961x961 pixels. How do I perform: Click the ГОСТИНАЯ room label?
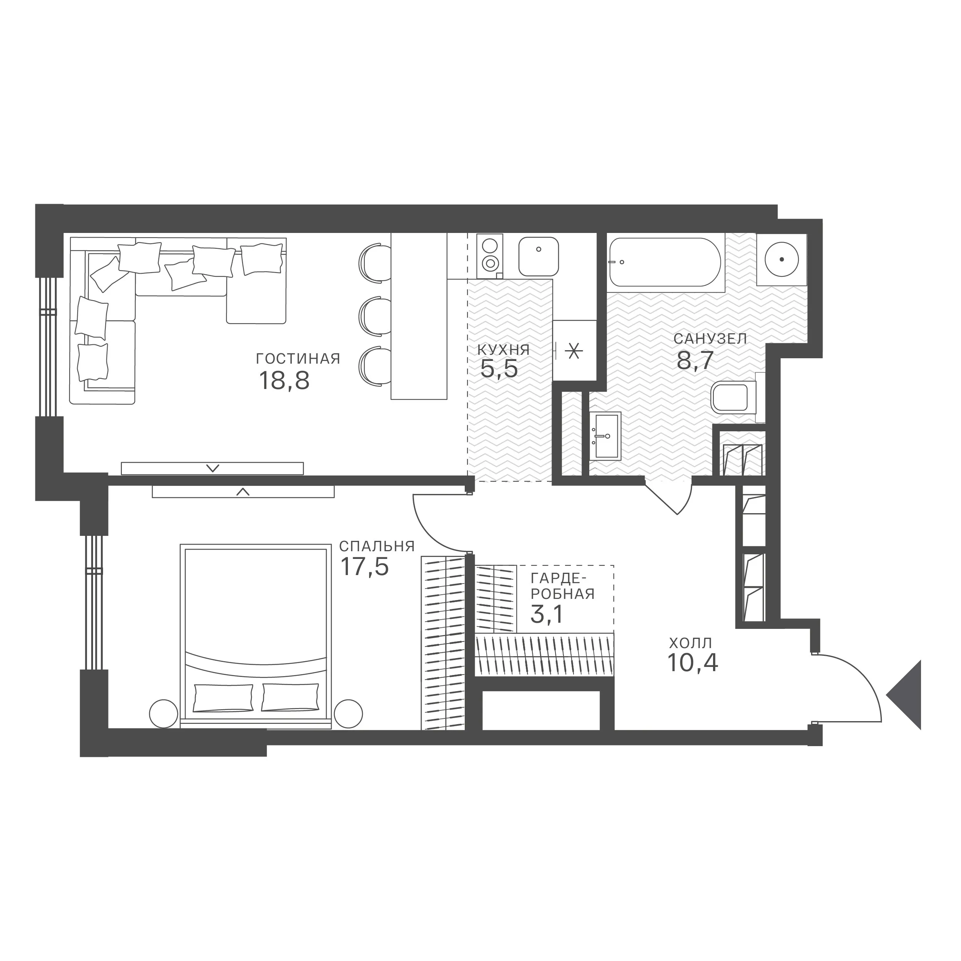pyautogui.click(x=298, y=359)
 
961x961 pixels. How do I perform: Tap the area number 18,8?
pyautogui.click(x=284, y=381)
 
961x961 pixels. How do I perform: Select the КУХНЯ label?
pyautogui.click(x=504, y=350)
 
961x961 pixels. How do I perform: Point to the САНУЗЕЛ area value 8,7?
pyautogui.click(x=695, y=360)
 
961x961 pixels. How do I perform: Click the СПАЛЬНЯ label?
pyautogui.click(x=377, y=546)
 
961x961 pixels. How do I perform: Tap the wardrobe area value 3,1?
pyautogui.click(x=546, y=614)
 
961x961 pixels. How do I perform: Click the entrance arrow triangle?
pyautogui.click(x=904, y=695)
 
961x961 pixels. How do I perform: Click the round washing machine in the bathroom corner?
pyautogui.click(x=782, y=259)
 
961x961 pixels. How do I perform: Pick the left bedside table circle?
pyautogui.click(x=164, y=714)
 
